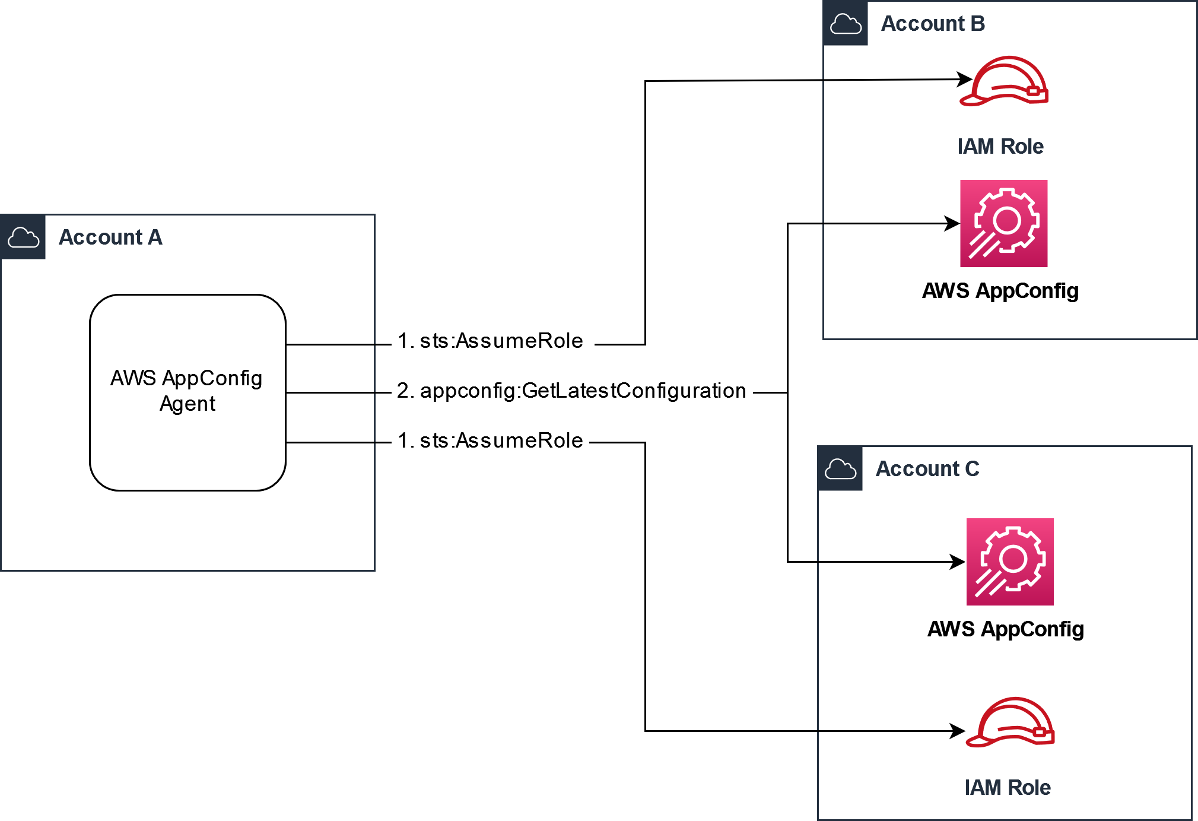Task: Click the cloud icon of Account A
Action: tap(23, 237)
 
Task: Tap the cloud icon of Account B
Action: tap(846, 24)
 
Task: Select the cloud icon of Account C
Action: tap(840, 469)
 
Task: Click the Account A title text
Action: tap(110, 237)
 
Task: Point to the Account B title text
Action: tap(933, 24)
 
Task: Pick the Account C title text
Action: tap(927, 469)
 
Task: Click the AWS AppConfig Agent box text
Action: tap(187, 391)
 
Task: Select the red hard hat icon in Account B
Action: tap(1005, 82)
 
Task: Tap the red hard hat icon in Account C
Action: tap(1010, 722)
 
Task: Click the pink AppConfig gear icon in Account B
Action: tap(1004, 224)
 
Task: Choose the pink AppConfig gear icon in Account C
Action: tap(1010, 562)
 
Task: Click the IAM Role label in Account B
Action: tap(1000, 147)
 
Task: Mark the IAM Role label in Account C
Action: tap(1008, 788)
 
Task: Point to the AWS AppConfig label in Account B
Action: tap(1000, 291)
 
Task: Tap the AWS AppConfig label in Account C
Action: tap(1006, 629)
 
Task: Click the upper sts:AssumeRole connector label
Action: tap(491, 341)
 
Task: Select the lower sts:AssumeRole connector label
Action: tap(491, 441)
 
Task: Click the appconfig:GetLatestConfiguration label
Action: tap(571, 391)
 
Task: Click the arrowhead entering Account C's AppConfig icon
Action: tap(958, 562)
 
